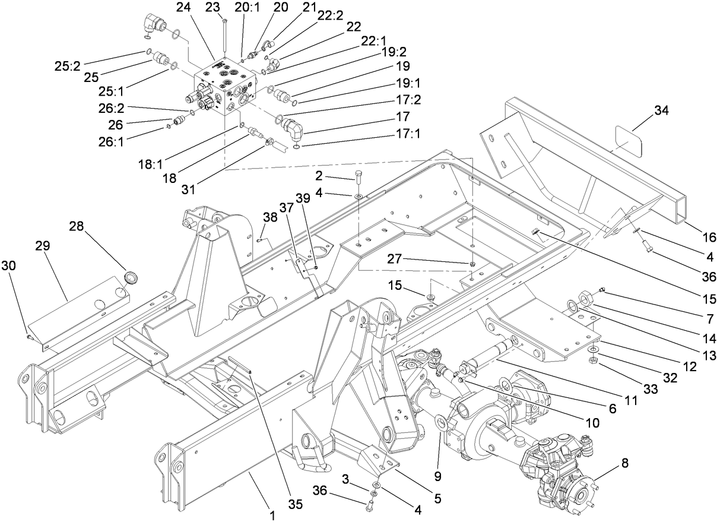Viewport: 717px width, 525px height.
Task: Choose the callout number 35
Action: (295, 504)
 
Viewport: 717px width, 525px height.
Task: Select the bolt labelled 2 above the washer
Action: (359, 176)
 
